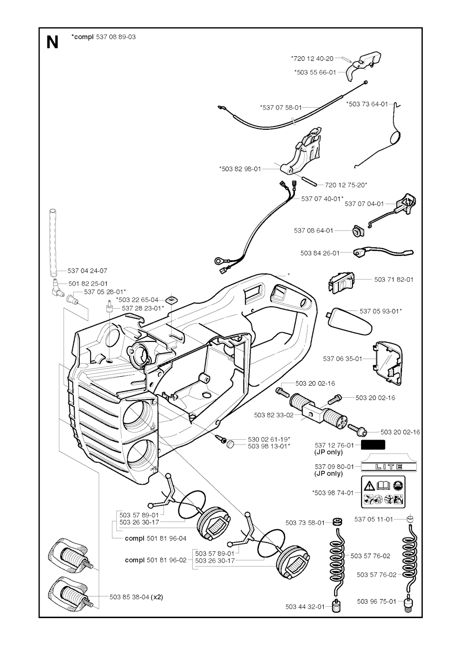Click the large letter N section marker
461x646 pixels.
53,42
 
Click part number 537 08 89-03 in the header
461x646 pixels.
116,37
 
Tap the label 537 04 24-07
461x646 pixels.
87,271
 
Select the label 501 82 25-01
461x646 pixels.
88,284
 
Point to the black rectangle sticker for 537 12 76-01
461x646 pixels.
373,445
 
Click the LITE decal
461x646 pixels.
384,467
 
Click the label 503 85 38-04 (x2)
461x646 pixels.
136,597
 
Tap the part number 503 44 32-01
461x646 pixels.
305,606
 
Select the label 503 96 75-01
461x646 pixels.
376,601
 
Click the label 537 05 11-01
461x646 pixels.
374,519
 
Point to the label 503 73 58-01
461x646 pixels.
305,523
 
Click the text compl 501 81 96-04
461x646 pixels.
155,538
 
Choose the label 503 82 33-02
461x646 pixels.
274,415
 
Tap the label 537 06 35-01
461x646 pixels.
342,359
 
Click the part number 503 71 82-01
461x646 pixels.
393,279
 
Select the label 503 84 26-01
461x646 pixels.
320,253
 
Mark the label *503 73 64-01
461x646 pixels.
367,104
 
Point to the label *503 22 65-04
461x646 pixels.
137,299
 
